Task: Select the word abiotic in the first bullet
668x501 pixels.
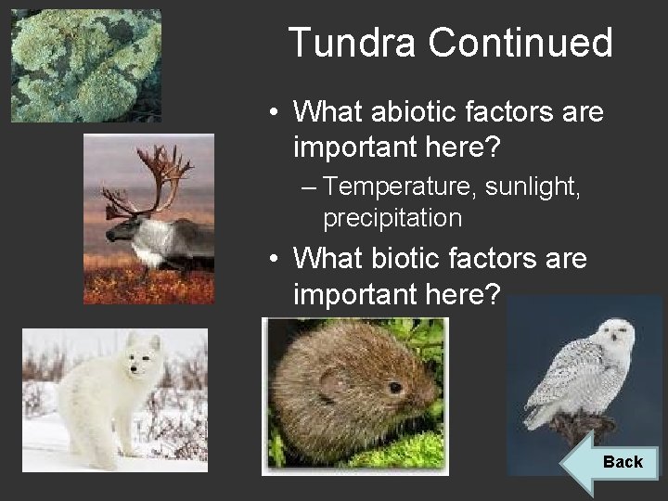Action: click(x=405, y=113)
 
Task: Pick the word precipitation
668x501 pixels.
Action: click(x=392, y=218)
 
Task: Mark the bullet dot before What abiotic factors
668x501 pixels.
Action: click(x=276, y=114)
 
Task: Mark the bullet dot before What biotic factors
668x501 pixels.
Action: click(x=276, y=258)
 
